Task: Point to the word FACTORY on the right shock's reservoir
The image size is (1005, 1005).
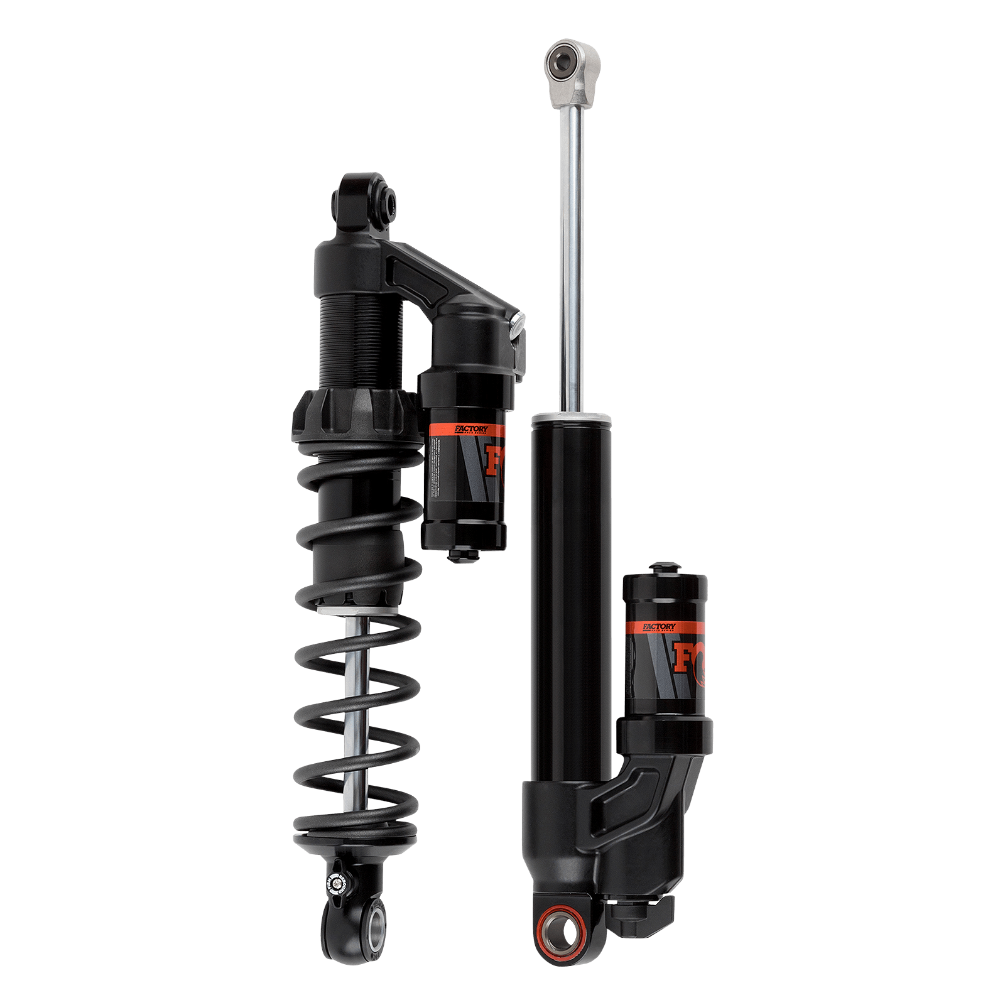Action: pyautogui.click(x=659, y=626)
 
